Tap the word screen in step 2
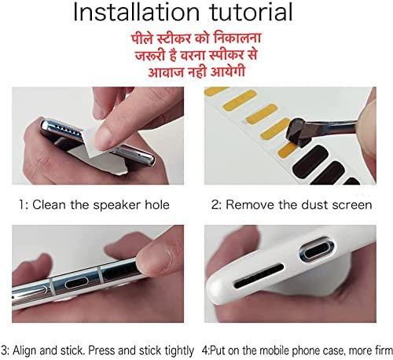pyautogui.click(x=350, y=204)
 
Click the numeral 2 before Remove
pyautogui.click(x=216, y=204)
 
